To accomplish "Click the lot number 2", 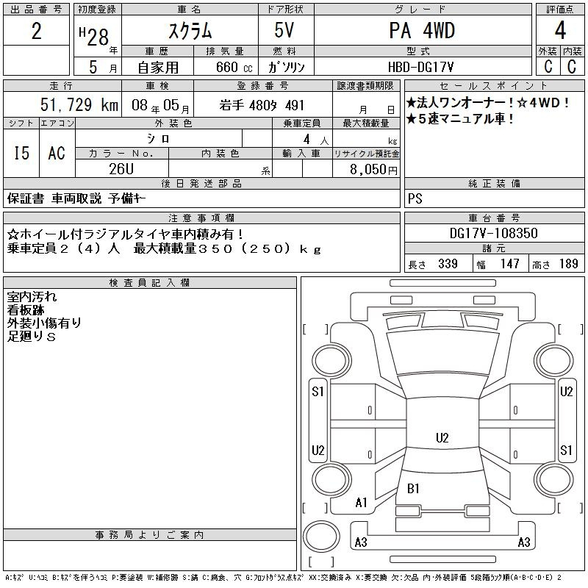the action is point(36,31).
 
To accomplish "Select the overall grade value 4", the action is point(560,30).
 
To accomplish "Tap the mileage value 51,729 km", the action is point(79,104).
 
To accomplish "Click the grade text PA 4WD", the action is point(422,31).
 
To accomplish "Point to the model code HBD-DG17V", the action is point(420,67).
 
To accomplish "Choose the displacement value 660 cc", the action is point(234,67).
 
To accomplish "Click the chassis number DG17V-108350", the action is point(493,233).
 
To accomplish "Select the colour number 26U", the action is point(121,169).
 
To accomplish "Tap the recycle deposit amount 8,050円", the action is point(373,169).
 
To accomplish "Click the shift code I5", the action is point(21,153).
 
